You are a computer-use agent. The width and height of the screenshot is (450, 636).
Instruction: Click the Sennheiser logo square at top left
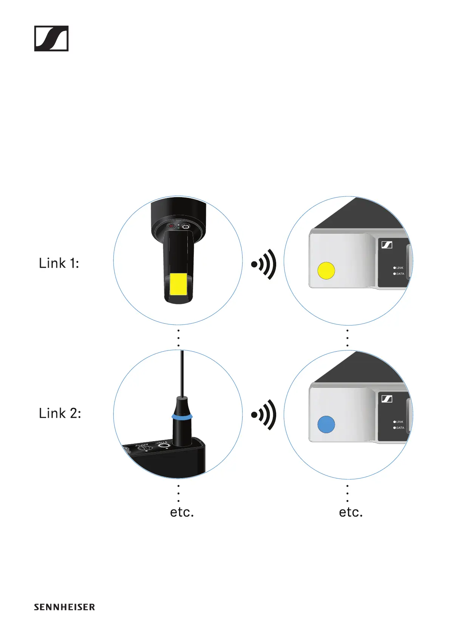(51, 39)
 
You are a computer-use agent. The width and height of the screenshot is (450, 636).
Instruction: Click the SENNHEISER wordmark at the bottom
(64, 607)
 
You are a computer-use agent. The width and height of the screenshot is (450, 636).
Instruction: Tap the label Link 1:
(59, 263)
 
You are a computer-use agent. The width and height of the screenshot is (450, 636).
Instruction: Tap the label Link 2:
(60, 413)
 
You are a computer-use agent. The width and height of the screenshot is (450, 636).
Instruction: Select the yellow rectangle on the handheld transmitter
(178, 285)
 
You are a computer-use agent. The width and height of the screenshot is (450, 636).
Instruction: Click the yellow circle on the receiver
(326, 270)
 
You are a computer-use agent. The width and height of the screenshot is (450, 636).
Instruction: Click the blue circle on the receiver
(326, 424)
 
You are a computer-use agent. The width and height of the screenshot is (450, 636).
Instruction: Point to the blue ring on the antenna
(182, 417)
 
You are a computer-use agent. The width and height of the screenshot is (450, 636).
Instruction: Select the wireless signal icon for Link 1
(264, 264)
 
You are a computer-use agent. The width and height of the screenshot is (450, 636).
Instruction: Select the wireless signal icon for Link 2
(264, 414)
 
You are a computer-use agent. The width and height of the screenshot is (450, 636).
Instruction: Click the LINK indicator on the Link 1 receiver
(398, 268)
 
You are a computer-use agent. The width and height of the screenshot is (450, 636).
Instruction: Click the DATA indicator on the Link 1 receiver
(399, 274)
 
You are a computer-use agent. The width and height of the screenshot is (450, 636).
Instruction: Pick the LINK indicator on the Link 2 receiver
(398, 422)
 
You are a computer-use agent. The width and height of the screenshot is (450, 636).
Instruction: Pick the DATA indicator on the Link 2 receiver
(399, 428)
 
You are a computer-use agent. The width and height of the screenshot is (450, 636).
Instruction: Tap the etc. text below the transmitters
(182, 512)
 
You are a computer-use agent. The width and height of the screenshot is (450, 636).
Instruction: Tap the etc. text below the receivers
(351, 512)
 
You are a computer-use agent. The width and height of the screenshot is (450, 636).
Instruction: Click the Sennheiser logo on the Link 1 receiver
(387, 245)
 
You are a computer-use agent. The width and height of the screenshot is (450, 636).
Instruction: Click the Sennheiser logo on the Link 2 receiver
(387, 399)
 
